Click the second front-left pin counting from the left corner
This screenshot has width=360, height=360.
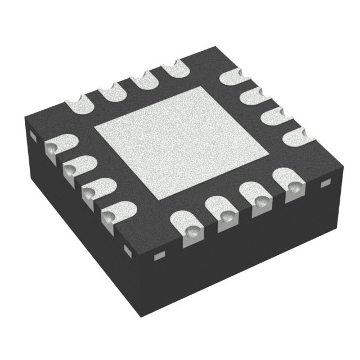tap(72, 166)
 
